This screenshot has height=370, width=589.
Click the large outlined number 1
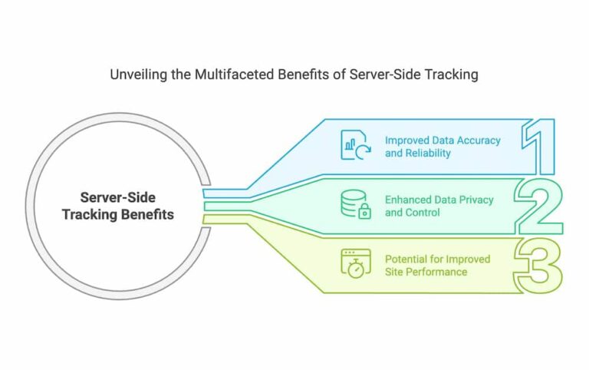pyautogui.click(x=542, y=146)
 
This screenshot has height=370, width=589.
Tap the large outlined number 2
pyautogui.click(x=539, y=206)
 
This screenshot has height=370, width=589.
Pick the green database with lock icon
pyautogui.click(x=354, y=205)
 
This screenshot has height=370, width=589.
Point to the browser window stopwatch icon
pyautogui.click(x=354, y=264)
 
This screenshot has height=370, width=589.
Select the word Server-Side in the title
pyautogui.click(x=376, y=75)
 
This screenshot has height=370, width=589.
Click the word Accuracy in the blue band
pyautogui.click(x=476, y=140)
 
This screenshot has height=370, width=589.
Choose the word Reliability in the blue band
pyautogui.click(x=429, y=153)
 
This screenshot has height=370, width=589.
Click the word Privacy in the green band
pyautogui.click(x=475, y=200)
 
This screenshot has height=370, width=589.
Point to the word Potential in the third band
pyautogui.click(x=406, y=259)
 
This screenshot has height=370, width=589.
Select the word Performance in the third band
pyautogui.click(x=439, y=273)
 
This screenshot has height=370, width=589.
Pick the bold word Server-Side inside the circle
pyautogui.click(x=117, y=198)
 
